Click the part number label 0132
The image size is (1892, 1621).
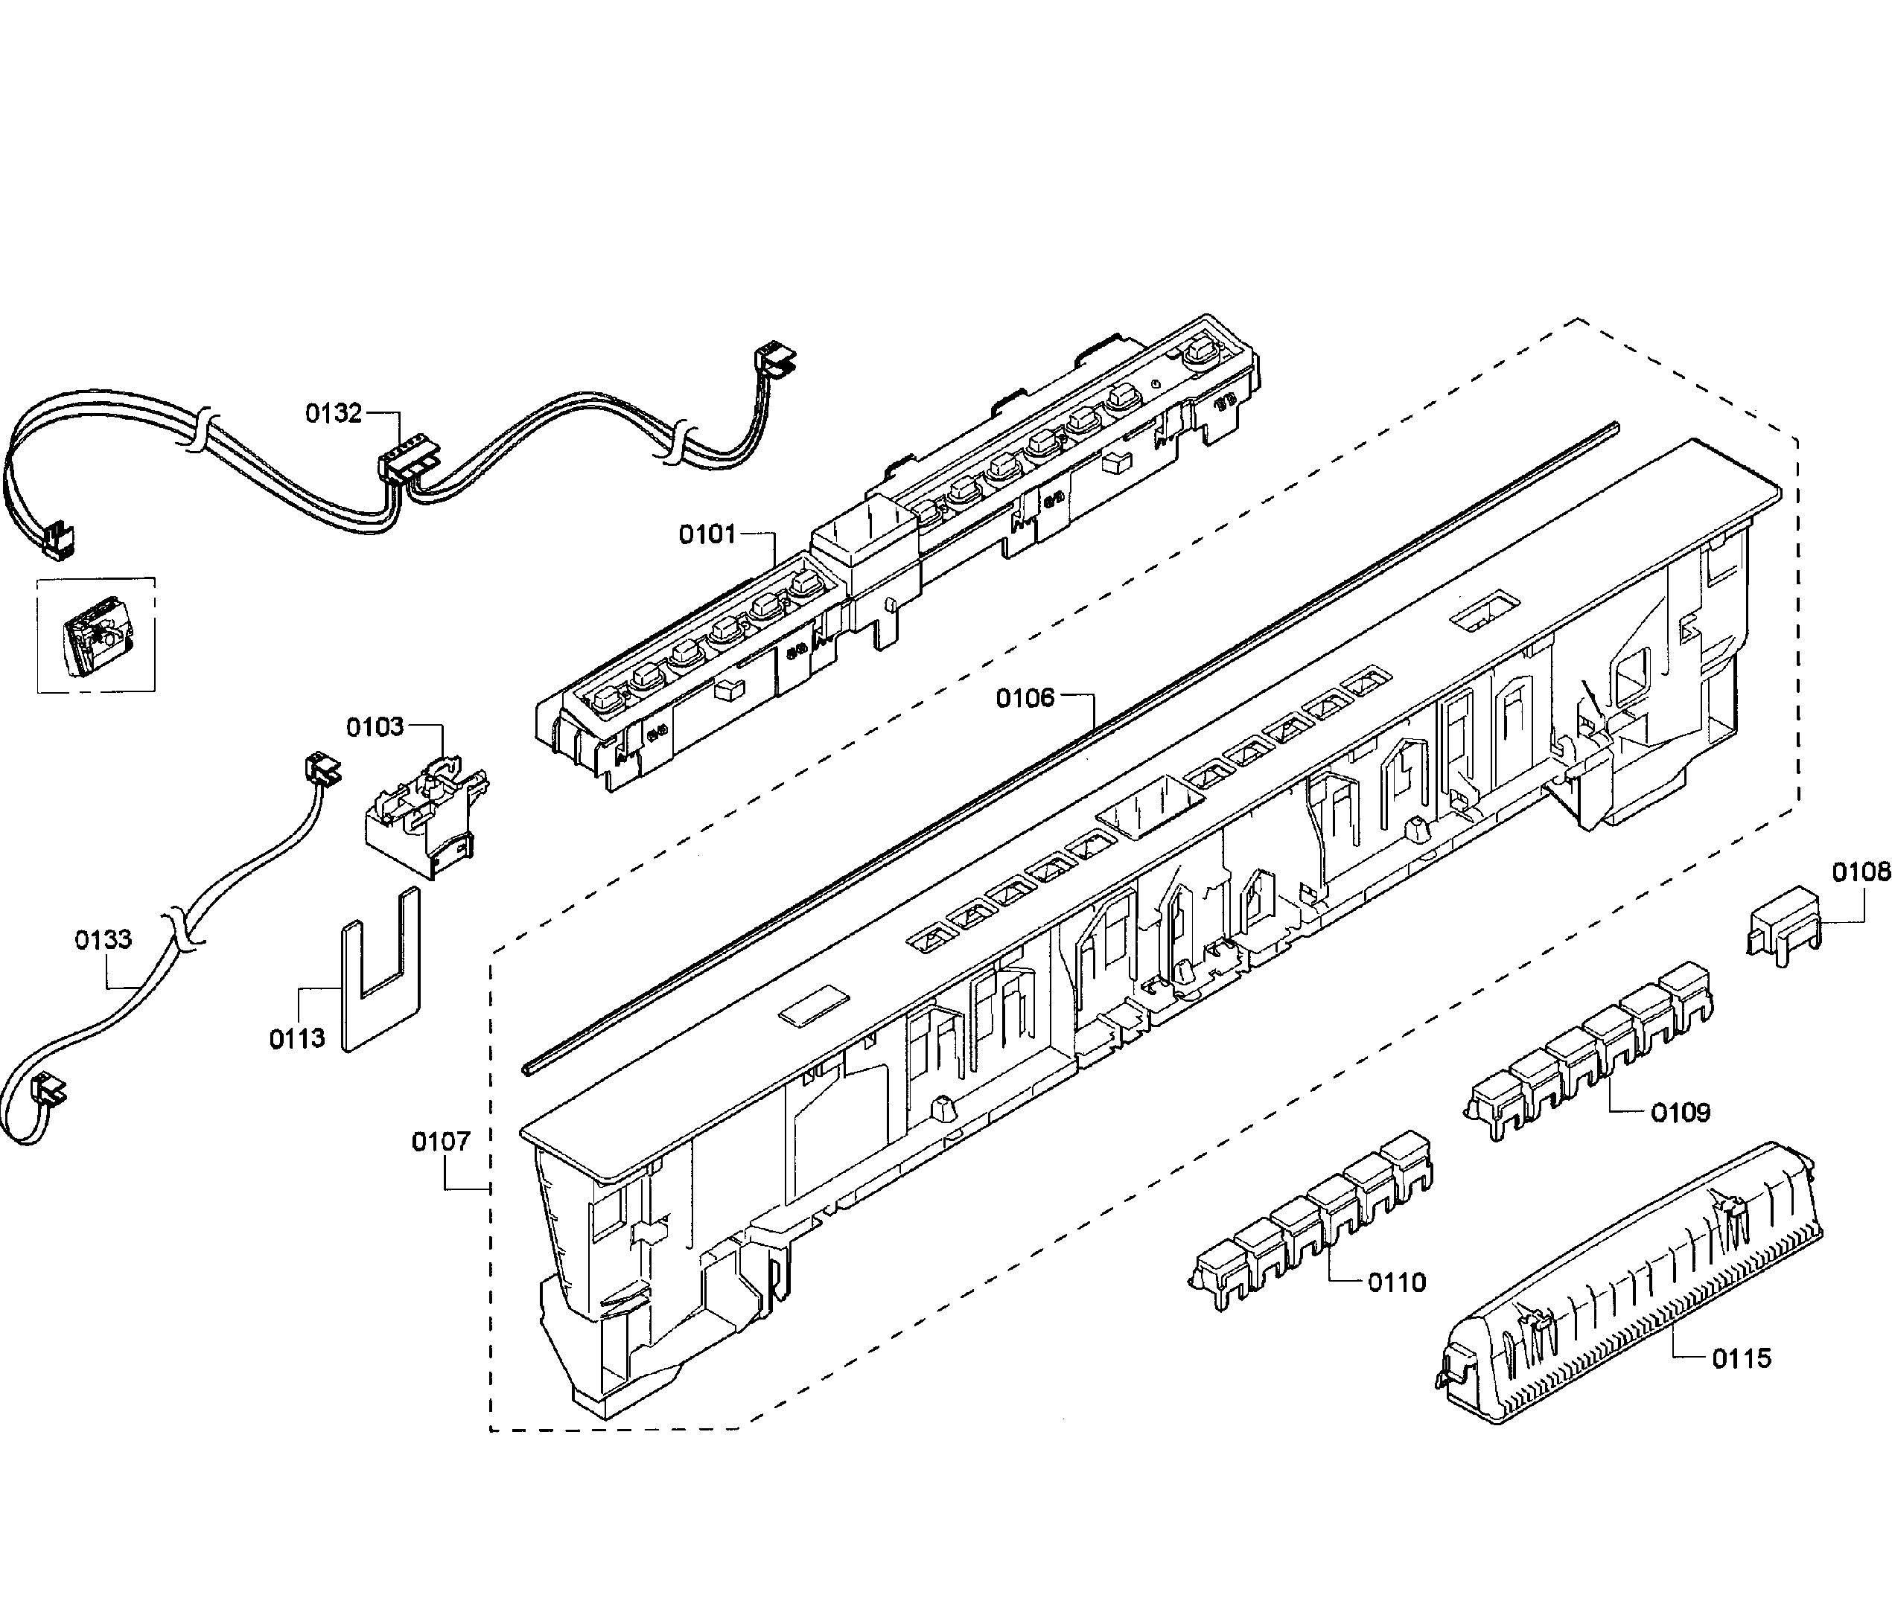click(x=334, y=414)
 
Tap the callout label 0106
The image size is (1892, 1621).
click(x=1025, y=698)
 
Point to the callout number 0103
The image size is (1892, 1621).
click(x=375, y=726)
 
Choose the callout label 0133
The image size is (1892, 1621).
click(x=103, y=939)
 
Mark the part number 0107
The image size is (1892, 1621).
click(x=441, y=1141)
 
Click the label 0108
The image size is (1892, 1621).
click(x=1861, y=872)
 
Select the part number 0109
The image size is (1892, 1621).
click(x=1680, y=1112)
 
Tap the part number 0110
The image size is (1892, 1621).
click(x=1396, y=1282)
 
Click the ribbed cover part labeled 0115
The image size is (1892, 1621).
click(x=1625, y=1287)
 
